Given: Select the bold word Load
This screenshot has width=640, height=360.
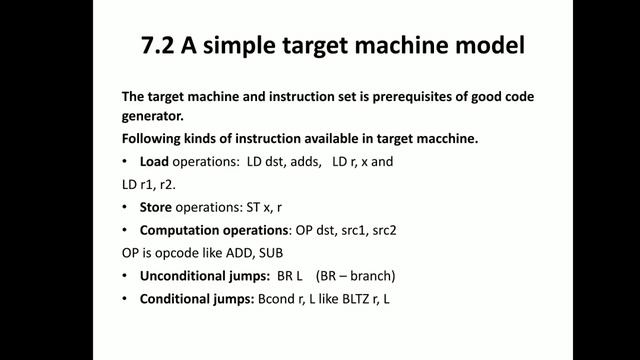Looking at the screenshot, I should point(155,161).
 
